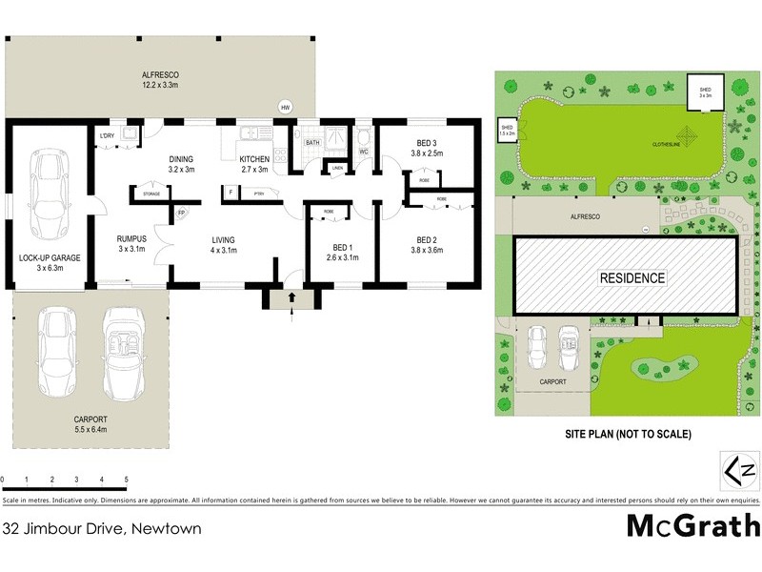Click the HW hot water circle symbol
pyautogui.click(x=285, y=107)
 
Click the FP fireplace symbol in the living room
pyautogui.click(x=181, y=213)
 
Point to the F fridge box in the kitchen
pyautogui.click(x=231, y=193)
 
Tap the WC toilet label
pyautogui.click(x=364, y=151)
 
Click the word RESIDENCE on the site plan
pyautogui.click(x=632, y=278)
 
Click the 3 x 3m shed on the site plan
pyautogui.click(x=706, y=91)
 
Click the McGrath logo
pyautogui.click(x=692, y=525)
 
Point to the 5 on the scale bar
pyautogui.click(x=126, y=480)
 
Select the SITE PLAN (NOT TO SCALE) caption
pyautogui.click(x=627, y=435)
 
